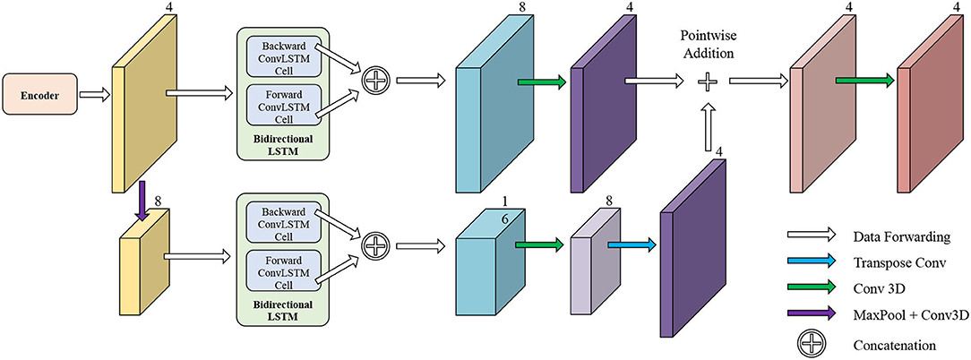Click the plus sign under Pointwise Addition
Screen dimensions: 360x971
[709, 82]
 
